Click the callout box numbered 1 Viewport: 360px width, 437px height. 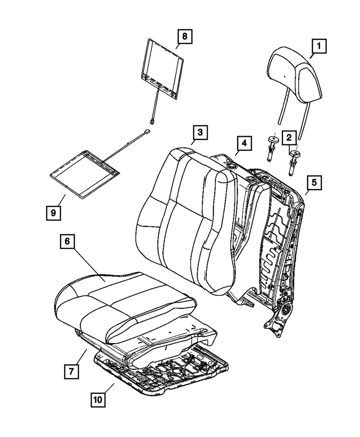(x=318, y=45)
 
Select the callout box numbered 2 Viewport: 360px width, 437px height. (x=289, y=138)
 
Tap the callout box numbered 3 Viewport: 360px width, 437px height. (x=199, y=132)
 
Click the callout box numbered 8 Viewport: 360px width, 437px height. (x=184, y=36)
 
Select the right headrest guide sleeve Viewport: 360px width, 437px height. (x=294, y=161)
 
